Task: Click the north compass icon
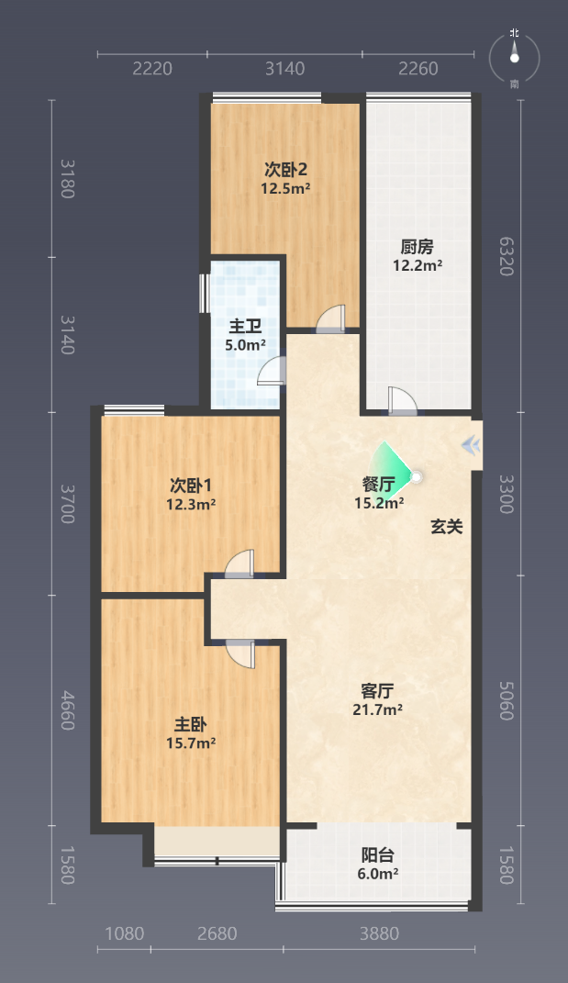pyautogui.click(x=514, y=58)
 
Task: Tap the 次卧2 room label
pyautogui.click(x=285, y=169)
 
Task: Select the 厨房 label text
pyautogui.click(x=417, y=247)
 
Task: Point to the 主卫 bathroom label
pyautogui.click(x=244, y=326)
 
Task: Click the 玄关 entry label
pyautogui.click(x=446, y=527)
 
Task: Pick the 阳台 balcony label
pyautogui.click(x=377, y=855)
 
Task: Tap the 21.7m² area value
pyautogui.click(x=377, y=709)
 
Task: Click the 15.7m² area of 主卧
pyautogui.click(x=191, y=743)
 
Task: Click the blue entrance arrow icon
pyautogui.click(x=472, y=446)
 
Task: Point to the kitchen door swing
pyautogui.click(x=401, y=400)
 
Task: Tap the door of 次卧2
pyautogui.click(x=330, y=318)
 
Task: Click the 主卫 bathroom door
pyautogui.click(x=272, y=370)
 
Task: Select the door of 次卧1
pyautogui.click(x=240, y=563)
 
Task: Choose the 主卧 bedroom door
pyautogui.click(x=240, y=653)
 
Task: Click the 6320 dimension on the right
pyautogui.click(x=507, y=256)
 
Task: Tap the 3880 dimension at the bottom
pyautogui.click(x=379, y=934)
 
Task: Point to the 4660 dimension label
pyautogui.click(x=68, y=710)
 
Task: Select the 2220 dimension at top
pyautogui.click(x=152, y=68)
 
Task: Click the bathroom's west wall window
pyautogui.click(x=204, y=293)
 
